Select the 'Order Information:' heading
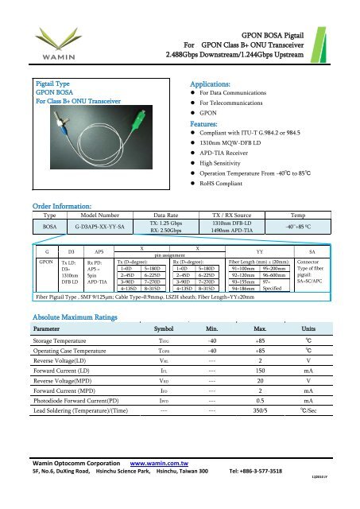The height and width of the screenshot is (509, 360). pos(56,227)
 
